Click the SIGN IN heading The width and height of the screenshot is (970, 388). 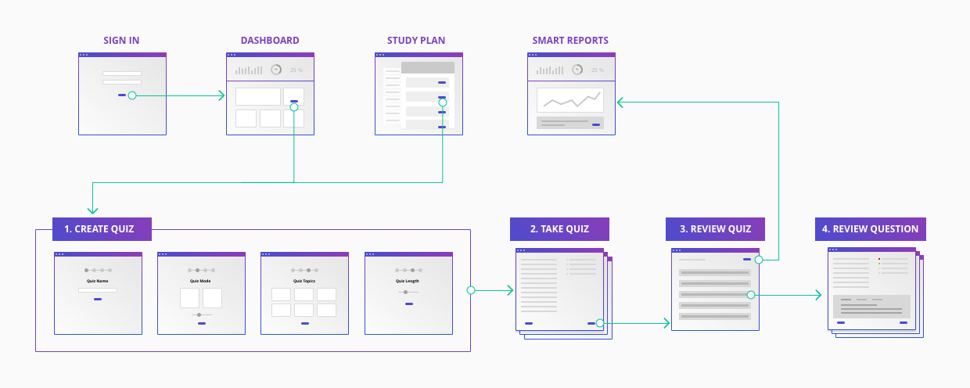click(121, 41)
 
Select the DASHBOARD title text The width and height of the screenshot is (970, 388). click(270, 41)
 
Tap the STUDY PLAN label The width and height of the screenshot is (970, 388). click(419, 41)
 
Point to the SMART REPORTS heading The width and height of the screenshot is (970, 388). click(570, 41)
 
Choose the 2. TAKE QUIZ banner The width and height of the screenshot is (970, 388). click(559, 229)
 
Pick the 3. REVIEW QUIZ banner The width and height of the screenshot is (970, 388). click(715, 229)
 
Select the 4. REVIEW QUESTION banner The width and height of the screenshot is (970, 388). click(870, 229)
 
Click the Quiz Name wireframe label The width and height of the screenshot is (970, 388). click(97, 281)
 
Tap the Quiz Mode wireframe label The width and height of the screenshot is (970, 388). click(201, 281)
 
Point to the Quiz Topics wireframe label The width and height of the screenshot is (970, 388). click(304, 281)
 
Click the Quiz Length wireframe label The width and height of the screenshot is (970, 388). click(408, 281)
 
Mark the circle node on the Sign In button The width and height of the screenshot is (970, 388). click(132, 95)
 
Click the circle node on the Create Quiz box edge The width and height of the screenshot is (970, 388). click(471, 290)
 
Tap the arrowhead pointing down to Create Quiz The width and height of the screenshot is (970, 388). click(93, 209)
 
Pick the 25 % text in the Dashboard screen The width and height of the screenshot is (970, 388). click(296, 70)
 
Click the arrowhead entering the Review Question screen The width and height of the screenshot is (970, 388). click(818, 295)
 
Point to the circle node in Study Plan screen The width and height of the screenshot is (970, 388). click(443, 102)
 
